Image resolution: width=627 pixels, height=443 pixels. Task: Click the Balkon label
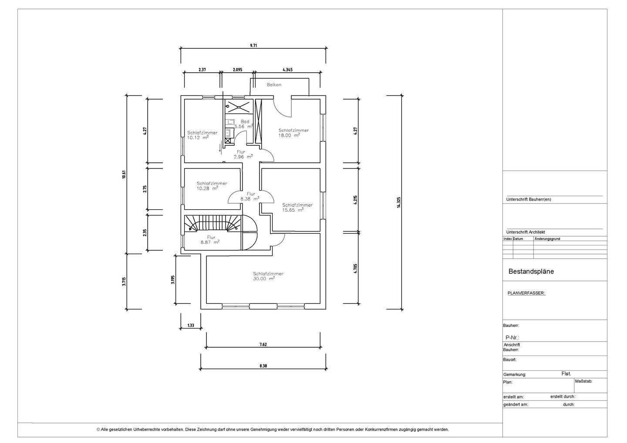point(274,85)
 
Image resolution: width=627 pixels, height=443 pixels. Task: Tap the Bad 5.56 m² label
point(244,124)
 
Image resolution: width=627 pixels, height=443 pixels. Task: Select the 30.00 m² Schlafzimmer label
point(268,276)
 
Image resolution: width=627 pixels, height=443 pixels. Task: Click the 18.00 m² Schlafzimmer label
point(293,133)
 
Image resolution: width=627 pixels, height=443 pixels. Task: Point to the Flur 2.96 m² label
point(243,154)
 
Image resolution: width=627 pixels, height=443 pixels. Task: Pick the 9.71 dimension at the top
point(253,46)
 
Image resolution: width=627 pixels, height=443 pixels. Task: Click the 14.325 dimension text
point(398,202)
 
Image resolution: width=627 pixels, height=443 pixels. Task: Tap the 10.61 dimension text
point(124,175)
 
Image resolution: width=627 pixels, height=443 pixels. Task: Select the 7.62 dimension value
point(263,345)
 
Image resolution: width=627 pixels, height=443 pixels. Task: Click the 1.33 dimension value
point(191,326)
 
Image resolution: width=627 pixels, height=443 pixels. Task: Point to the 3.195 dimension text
point(173,280)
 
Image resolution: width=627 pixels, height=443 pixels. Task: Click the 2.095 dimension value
point(237,70)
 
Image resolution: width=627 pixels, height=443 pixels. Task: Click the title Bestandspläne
point(531,272)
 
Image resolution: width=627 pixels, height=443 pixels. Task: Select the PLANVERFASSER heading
point(526,293)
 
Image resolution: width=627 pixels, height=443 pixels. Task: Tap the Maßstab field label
point(583,381)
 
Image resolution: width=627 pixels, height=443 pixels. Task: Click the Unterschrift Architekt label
point(526,232)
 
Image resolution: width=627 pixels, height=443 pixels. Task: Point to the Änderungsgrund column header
point(547,239)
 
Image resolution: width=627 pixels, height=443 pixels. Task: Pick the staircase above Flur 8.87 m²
point(213,223)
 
